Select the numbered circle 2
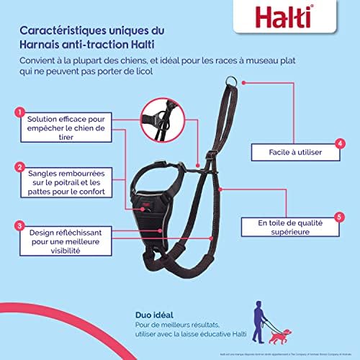tap(17, 167)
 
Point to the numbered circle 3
tap(17, 225)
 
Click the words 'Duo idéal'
tap(153, 315)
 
